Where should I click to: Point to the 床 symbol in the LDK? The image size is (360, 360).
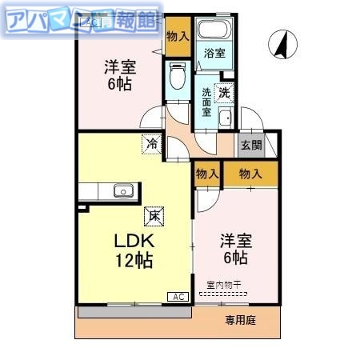coord(151,214)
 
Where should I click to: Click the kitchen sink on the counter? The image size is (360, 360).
coord(122,190)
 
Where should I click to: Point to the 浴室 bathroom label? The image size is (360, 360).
coord(214,54)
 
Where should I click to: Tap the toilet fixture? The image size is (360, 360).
coord(178,78)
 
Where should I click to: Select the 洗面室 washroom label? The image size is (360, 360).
coord(206,101)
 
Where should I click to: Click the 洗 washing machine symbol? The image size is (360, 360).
coord(225,91)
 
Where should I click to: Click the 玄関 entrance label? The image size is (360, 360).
coord(250,145)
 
